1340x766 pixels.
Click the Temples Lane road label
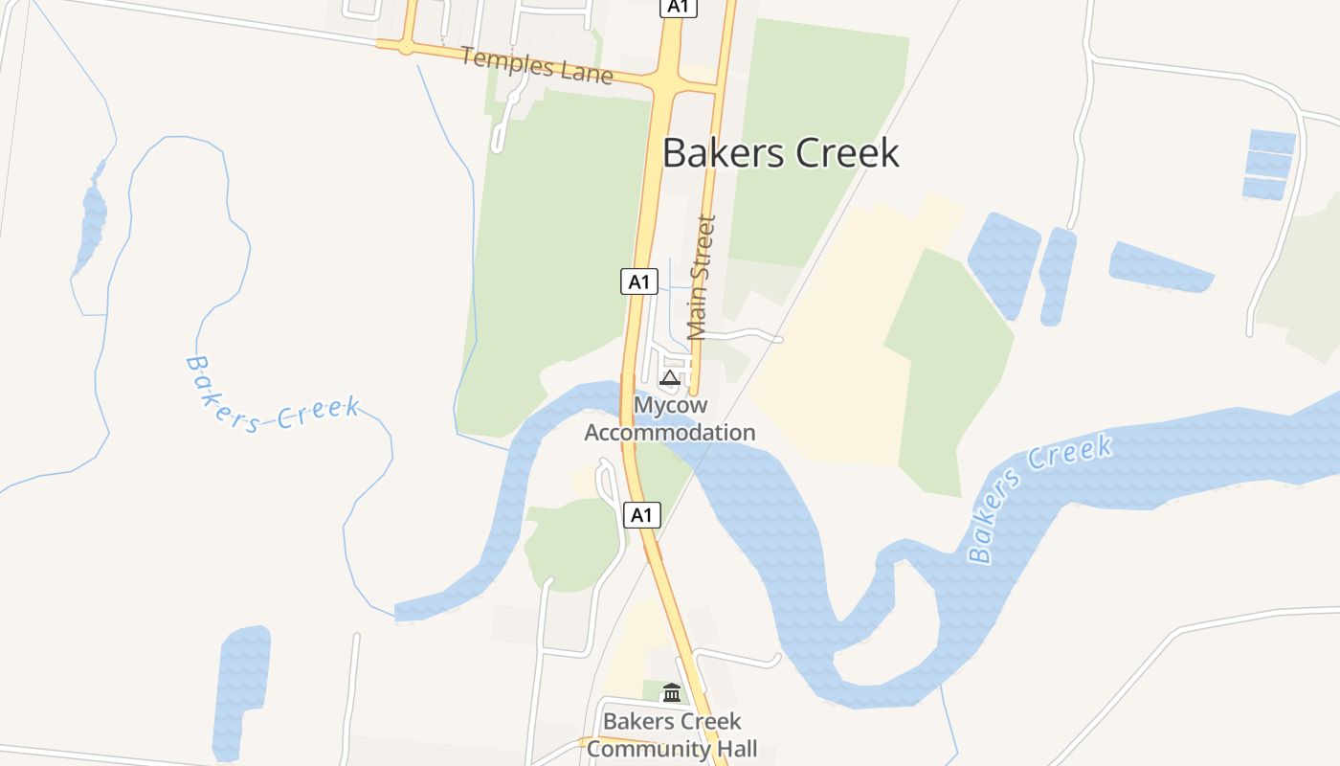[x=536, y=64]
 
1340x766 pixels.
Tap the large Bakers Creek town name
[x=780, y=153]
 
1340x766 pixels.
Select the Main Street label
[x=702, y=278]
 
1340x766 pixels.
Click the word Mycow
[x=669, y=406]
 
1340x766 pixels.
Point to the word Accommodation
[x=669, y=433]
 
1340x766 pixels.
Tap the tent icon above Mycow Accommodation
[x=670, y=377]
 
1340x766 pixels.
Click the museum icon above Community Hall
[x=672, y=692]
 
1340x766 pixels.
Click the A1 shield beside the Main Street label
[x=639, y=282]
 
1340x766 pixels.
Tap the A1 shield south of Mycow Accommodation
[x=642, y=515]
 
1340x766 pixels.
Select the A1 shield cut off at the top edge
[x=678, y=7]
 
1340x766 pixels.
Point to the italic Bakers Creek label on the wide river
[x=1039, y=498]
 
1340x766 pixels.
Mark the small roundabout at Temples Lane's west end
[x=407, y=45]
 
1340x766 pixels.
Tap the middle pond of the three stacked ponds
[x=1269, y=165]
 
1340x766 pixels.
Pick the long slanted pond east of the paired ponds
[x=1159, y=266]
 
